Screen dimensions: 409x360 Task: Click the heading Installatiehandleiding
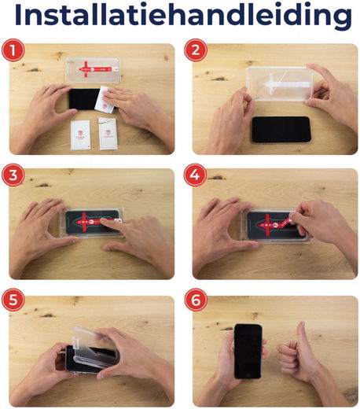180,17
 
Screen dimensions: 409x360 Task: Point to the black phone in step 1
81,99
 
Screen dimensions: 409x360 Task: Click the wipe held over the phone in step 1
103,101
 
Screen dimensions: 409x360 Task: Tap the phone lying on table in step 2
281,129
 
